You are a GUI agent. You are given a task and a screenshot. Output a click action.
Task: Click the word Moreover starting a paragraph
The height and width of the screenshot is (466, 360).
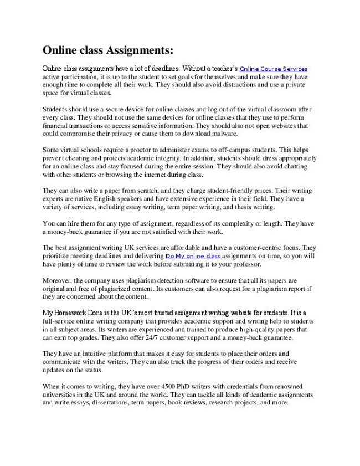59,280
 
